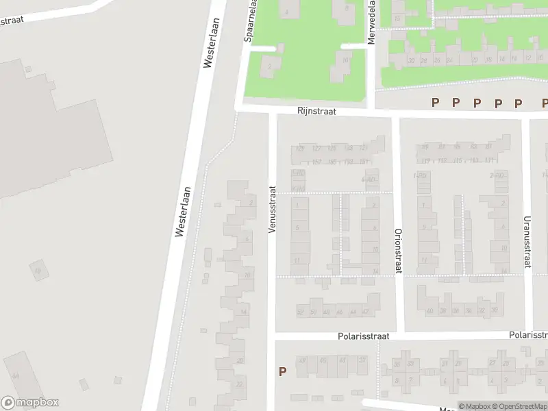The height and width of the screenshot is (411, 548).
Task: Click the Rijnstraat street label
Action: pyautogui.click(x=316, y=110)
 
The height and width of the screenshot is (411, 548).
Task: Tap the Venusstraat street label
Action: pyautogui.click(x=272, y=209)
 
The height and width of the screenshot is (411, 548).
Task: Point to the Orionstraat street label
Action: pyautogui.click(x=397, y=251)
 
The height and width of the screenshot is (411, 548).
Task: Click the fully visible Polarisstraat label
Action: pyautogui.click(x=363, y=336)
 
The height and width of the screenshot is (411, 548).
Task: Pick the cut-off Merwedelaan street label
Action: pyautogui.click(x=371, y=23)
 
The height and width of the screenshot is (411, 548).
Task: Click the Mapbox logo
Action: pyautogui.click(x=29, y=403)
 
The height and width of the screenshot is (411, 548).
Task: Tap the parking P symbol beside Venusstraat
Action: pyautogui.click(x=282, y=372)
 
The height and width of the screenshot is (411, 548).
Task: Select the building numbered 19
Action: pyautogui.click(x=38, y=271)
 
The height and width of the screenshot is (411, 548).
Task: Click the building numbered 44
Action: pyautogui.click(x=14, y=376)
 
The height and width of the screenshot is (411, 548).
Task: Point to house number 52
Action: pyautogui.click(x=300, y=312)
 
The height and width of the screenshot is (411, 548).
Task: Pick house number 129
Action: pyautogui.click(x=299, y=148)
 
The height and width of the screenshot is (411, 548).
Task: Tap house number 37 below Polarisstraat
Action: pyautogui.click(x=362, y=360)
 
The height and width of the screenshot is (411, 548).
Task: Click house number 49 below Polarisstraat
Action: pyautogui.click(x=302, y=360)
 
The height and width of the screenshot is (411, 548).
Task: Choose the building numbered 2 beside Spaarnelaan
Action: pyautogui.click(x=270, y=66)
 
